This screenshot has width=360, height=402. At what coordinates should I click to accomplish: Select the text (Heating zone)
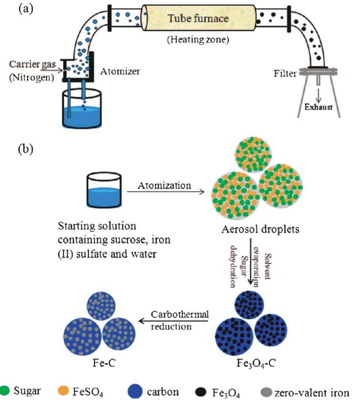tap(198, 40)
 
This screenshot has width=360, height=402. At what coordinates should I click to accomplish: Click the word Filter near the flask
tap(285, 74)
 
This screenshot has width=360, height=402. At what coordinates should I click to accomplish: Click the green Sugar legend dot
tap(5, 391)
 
